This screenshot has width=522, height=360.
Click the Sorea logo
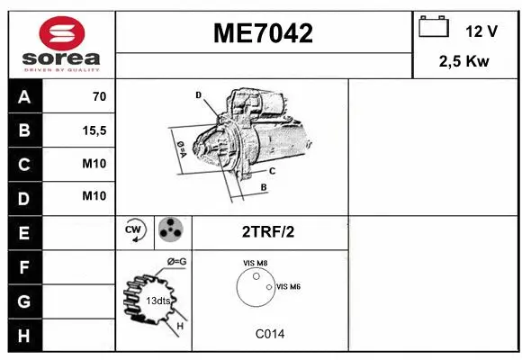coord(60,43)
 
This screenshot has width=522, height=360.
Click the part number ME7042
coord(263,34)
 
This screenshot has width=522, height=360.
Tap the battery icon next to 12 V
coord(434,28)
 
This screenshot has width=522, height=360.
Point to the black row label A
coord(24,97)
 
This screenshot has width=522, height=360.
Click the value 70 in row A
coord(99,97)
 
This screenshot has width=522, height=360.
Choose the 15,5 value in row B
coord(94,130)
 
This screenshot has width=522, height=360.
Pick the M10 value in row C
coord(94,164)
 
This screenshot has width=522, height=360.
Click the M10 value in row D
coord(94,196)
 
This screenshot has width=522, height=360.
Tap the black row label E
coord(24,232)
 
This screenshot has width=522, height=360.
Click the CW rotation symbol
coord(135,232)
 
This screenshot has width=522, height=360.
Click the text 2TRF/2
coord(267,232)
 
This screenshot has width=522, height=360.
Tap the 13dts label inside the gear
coord(158,301)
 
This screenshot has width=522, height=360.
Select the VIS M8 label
coord(256,263)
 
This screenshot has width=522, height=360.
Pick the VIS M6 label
coord(289,286)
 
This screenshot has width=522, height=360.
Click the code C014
coord(270,334)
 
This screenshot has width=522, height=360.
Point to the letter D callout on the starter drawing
coord(198,94)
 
